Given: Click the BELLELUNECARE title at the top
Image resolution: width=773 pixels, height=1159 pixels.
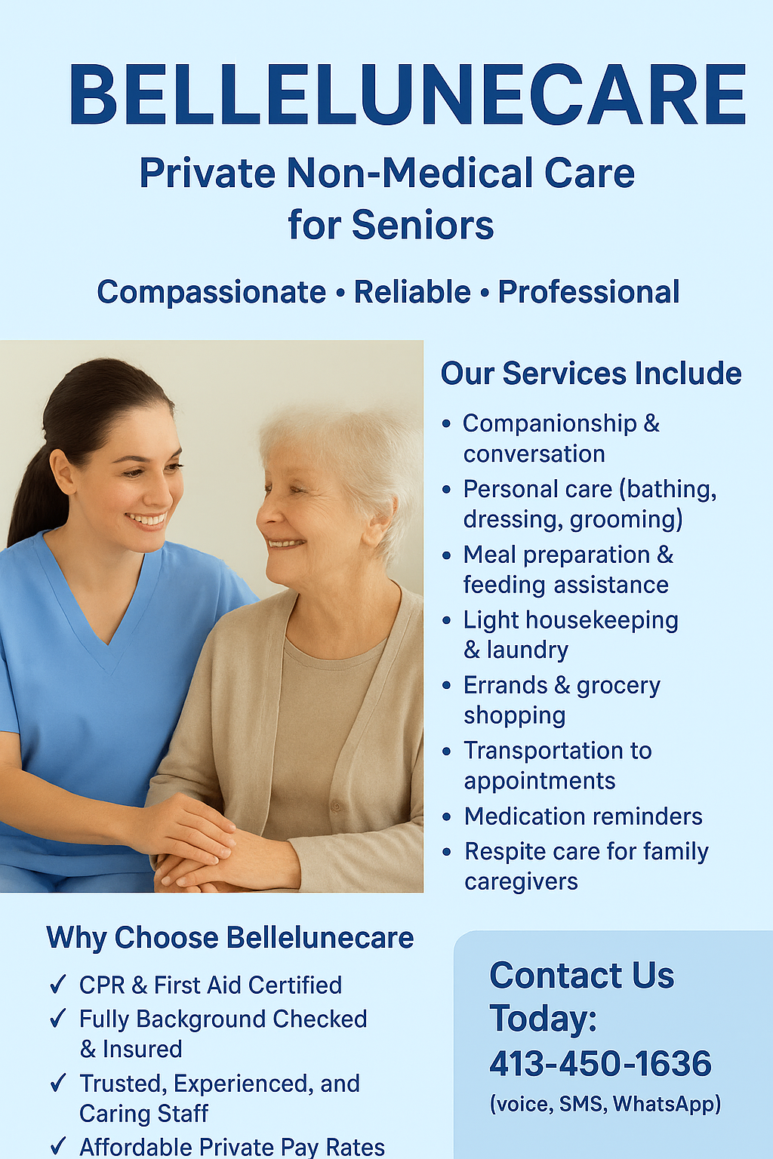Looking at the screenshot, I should pos(408,94).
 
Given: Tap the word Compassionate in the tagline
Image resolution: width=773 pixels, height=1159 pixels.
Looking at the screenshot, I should pos(211,292).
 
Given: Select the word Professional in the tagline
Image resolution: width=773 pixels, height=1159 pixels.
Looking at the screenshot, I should pos(589,292).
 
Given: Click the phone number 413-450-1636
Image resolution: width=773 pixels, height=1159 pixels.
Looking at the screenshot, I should pos(600,1064).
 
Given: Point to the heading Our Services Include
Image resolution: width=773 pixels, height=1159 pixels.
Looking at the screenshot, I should pos(591,374).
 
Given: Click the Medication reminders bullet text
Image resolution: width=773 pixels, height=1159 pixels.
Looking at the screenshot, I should pos(583,816).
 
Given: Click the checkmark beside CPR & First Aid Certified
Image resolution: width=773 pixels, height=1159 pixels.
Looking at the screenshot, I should pos(58,985).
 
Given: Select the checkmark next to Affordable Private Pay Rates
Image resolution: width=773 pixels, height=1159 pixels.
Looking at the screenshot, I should pos(58,1146).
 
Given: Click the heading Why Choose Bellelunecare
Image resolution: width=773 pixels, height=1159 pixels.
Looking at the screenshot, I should pos(230,938).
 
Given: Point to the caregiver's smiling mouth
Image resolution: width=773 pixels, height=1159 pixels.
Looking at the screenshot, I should pos(146,520).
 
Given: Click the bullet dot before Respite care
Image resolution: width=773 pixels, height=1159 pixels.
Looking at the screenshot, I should pos(447,852).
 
